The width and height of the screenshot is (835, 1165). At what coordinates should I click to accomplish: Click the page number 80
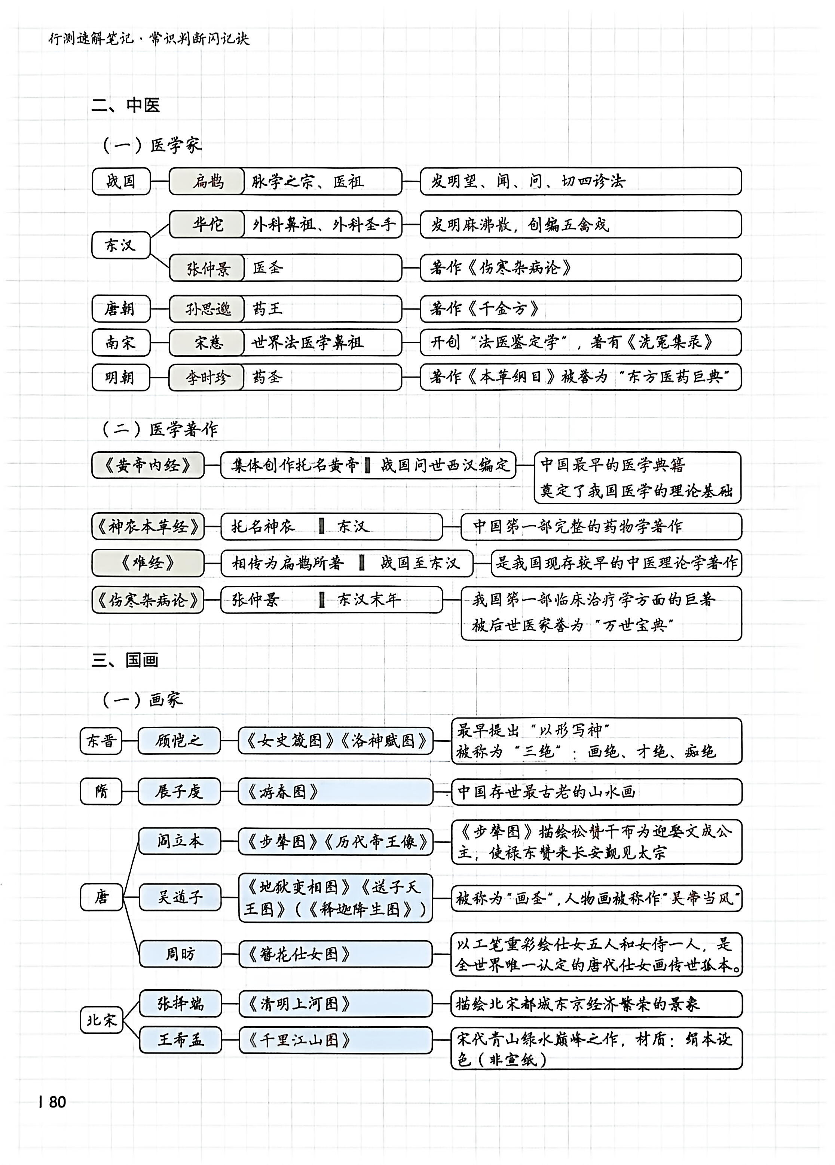57,1101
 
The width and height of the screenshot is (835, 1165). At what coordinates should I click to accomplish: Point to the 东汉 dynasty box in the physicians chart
120,245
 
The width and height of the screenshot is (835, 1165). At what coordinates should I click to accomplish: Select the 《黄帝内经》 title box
148,465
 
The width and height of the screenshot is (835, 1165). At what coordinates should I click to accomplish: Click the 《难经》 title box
148,563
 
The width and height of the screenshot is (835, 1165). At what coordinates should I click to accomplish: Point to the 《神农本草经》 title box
148,526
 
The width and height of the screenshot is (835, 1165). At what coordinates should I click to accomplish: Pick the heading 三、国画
125,660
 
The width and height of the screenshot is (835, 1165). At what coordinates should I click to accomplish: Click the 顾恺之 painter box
179,741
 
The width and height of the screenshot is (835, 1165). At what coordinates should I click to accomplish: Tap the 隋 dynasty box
101,791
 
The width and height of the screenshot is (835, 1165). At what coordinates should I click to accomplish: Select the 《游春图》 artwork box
335,791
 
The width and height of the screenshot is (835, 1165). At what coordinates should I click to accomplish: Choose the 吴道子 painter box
180,897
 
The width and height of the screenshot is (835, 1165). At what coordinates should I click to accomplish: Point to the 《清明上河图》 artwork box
335,1004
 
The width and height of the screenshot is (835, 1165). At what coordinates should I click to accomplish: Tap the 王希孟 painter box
180,1040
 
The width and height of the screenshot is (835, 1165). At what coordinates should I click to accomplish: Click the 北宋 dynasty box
101,1020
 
